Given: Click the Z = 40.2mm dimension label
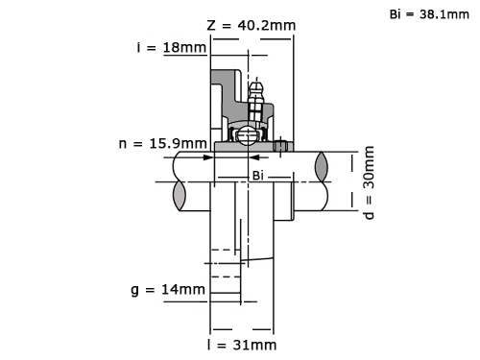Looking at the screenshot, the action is [x=252, y=25].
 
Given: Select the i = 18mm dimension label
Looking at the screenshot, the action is [x=172, y=47].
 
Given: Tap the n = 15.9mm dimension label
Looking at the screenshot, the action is [x=162, y=143].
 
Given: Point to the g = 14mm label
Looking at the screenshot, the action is [x=168, y=290].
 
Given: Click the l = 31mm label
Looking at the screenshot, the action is [x=242, y=345].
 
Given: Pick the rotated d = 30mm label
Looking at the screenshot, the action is [x=369, y=182].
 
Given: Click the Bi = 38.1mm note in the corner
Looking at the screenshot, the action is [x=429, y=14].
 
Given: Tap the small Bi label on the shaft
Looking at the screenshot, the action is [x=258, y=176].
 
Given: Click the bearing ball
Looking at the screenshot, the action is [x=248, y=135].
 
